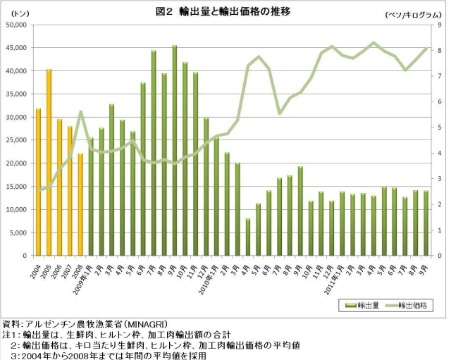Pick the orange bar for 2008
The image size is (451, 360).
pos(80,204)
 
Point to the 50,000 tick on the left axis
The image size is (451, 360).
pos(15,25)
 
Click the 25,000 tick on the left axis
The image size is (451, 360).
pos(15,140)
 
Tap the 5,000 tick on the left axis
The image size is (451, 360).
pos(17,232)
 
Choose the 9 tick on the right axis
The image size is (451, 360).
pos(439,25)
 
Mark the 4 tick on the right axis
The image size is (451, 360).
pos(439,153)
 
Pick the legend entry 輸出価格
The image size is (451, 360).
pos(409,305)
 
